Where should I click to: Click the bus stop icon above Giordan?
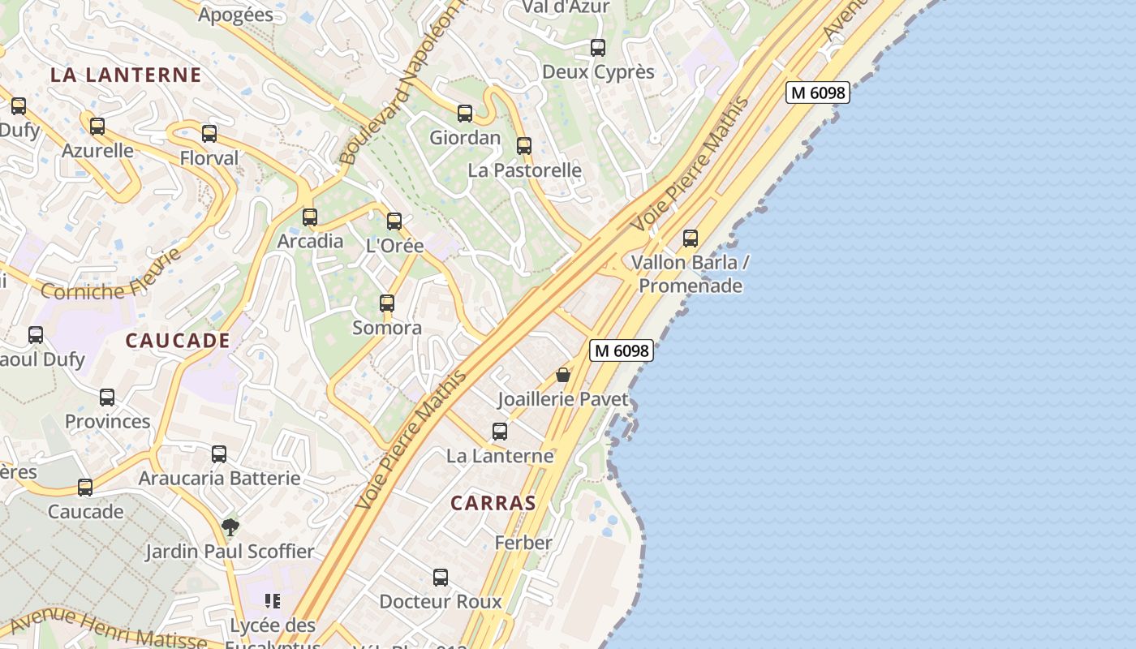[465, 114]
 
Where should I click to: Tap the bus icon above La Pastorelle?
[524, 146]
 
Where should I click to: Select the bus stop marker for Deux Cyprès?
[598, 48]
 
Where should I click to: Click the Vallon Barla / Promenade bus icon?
[691, 239]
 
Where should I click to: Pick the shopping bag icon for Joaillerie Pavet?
[563, 375]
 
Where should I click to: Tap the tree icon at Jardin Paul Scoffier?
[230, 527]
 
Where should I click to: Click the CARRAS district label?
[493, 503]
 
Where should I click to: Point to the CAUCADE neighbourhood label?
[178, 341]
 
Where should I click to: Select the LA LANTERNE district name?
[126, 75]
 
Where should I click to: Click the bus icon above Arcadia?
[310, 217]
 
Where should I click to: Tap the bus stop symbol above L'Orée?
[394, 221]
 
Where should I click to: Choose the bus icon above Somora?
[387, 303]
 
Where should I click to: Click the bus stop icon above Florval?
[209, 134]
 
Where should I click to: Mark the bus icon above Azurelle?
[97, 127]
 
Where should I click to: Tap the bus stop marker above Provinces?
[107, 398]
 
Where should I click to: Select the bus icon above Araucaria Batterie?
[219, 454]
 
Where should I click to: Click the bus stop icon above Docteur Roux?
[441, 578]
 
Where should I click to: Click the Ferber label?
[523, 543]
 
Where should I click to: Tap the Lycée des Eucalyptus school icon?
[273, 601]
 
